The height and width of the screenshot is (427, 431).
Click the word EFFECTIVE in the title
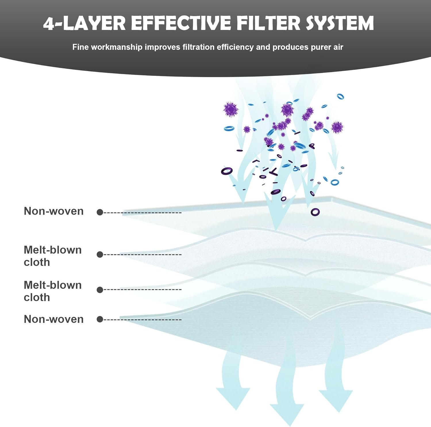coord(181,23)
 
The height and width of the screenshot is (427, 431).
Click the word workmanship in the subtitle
coord(117,47)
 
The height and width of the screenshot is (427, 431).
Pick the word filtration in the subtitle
coord(199,47)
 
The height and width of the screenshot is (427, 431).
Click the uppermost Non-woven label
coord(54,211)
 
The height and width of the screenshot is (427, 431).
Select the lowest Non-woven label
coord(54,319)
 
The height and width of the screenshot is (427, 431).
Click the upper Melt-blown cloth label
coord(53,256)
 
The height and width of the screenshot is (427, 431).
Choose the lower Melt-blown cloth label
coord(53,291)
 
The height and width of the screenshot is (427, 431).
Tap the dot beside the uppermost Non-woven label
coord(100,212)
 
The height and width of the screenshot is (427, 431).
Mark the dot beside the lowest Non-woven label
coord(100,319)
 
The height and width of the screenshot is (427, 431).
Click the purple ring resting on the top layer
coord(315,212)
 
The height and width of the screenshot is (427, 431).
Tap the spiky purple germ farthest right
coord(337,127)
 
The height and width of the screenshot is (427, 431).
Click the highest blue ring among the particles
coord(340,96)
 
